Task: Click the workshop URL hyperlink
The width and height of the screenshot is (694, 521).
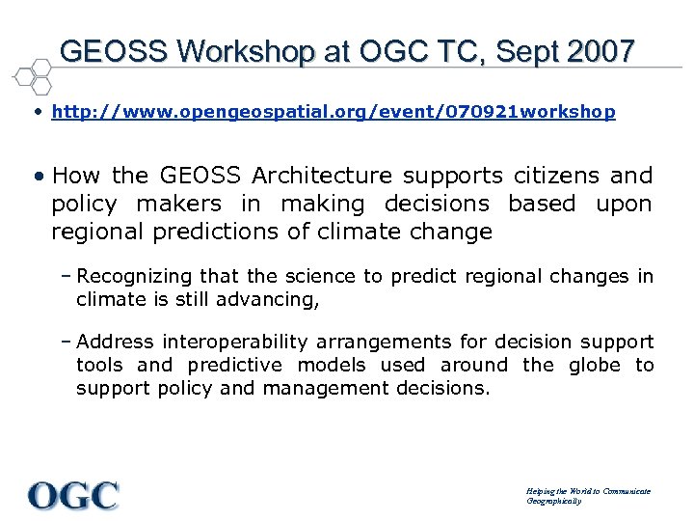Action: (333, 112)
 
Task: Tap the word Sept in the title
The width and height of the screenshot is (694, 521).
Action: (526, 50)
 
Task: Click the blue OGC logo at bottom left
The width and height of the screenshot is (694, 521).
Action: (73, 495)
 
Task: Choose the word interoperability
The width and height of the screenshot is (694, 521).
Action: (229, 343)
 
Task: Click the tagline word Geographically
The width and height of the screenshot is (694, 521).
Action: (554, 502)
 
